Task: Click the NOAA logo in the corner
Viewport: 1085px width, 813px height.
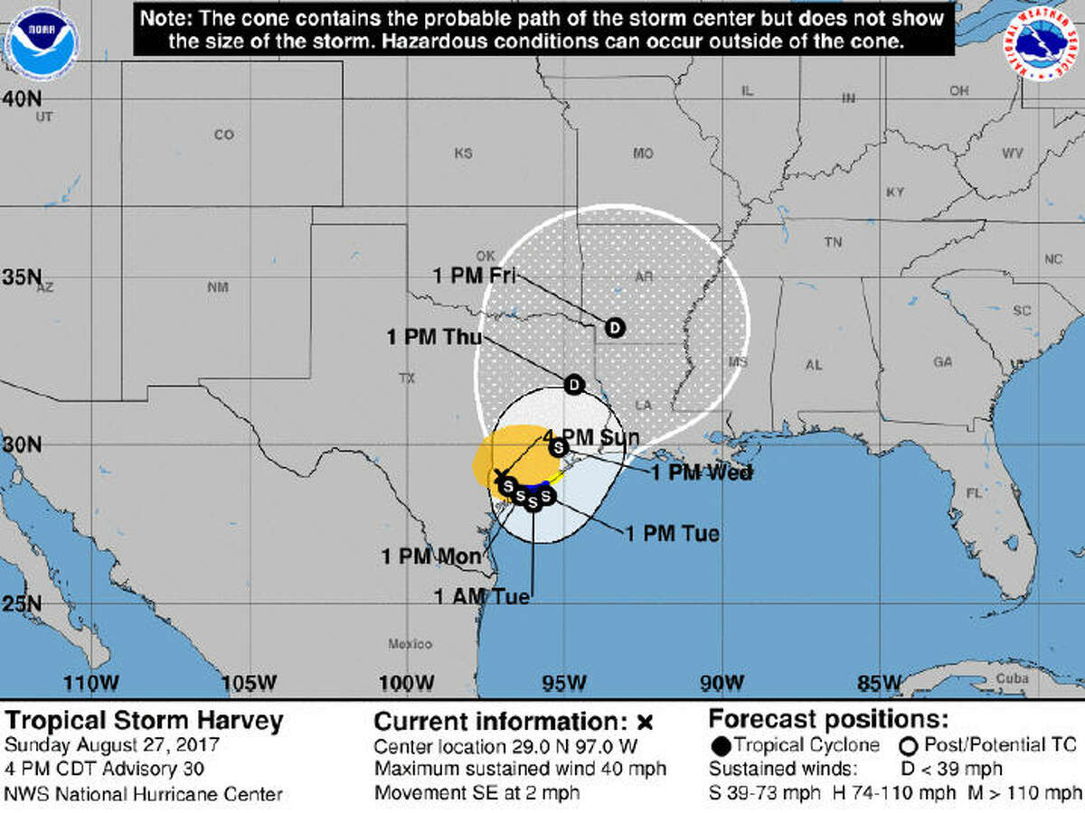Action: click(42, 41)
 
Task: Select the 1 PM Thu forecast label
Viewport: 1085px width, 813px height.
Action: click(434, 337)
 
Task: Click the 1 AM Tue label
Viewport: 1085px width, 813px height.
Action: click(481, 596)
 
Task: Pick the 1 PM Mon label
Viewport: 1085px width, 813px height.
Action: click(431, 556)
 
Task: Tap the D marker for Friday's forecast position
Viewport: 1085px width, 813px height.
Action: click(615, 327)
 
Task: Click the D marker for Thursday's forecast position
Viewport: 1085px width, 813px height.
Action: click(574, 385)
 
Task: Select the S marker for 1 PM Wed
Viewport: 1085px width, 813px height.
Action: click(559, 446)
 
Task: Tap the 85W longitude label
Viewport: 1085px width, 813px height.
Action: click(878, 682)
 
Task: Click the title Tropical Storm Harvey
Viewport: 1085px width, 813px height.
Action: click(145, 721)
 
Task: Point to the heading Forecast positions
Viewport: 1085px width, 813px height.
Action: click(828, 720)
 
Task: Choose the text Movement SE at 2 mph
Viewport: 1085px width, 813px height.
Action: click(476, 793)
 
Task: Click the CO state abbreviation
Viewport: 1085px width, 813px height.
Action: click(223, 135)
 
